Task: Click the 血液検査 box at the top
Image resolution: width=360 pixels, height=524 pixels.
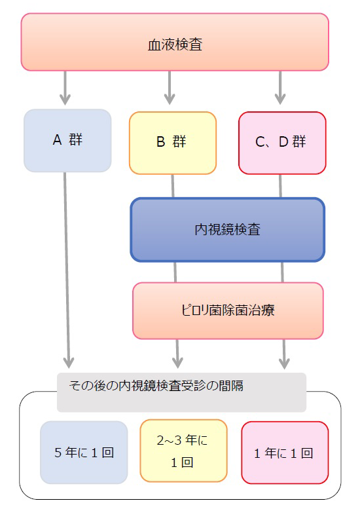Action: (x=175, y=42)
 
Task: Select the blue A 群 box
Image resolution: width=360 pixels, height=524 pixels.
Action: (x=67, y=141)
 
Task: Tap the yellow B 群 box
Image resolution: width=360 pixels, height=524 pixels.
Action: (x=173, y=143)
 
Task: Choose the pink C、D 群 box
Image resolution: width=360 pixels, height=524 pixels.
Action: (x=282, y=143)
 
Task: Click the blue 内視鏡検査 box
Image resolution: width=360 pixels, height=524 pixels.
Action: (x=227, y=230)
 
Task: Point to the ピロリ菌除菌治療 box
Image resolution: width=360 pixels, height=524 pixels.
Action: (x=228, y=310)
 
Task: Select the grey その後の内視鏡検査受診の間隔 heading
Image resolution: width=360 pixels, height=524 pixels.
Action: (x=182, y=392)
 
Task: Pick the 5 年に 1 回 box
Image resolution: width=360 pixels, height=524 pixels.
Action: (x=84, y=453)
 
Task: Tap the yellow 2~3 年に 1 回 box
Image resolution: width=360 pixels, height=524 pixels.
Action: (x=184, y=451)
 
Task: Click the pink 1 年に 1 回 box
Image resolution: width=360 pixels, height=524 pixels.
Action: (x=285, y=453)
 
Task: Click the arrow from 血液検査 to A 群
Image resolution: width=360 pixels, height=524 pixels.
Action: (x=65, y=88)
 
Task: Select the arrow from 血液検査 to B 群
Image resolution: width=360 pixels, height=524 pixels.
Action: (x=170, y=88)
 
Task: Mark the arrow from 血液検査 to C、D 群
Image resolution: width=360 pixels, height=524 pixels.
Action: (x=280, y=88)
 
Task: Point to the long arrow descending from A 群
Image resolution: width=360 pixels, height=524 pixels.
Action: (x=67, y=270)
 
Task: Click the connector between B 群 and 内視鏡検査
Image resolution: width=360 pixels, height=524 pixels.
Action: (x=173, y=186)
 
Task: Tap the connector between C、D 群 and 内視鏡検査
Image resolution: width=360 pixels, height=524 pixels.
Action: (x=281, y=186)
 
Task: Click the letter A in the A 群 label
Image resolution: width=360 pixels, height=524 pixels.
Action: (x=57, y=140)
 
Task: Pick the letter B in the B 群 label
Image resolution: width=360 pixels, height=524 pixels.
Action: (x=160, y=142)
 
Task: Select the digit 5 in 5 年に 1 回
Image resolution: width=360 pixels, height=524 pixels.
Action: (x=58, y=453)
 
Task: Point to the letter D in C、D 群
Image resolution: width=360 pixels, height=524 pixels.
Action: (x=283, y=142)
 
